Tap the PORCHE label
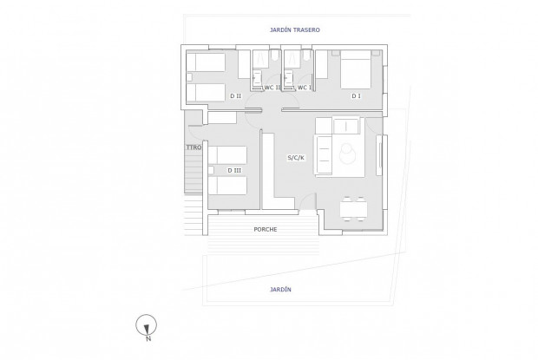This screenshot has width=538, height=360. pos(266,229)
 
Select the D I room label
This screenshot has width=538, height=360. pos(356,96)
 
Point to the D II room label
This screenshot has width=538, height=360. pos(235,96)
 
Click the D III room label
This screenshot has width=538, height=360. pos(234,170)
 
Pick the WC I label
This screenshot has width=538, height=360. pos(304,88)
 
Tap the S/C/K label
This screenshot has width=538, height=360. pos(296,158)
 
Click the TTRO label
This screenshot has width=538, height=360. pos(193,148)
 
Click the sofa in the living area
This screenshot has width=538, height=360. pos(323,154)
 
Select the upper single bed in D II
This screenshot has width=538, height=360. pos(207,62)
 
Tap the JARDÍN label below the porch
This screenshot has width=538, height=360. pos(279,290)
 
